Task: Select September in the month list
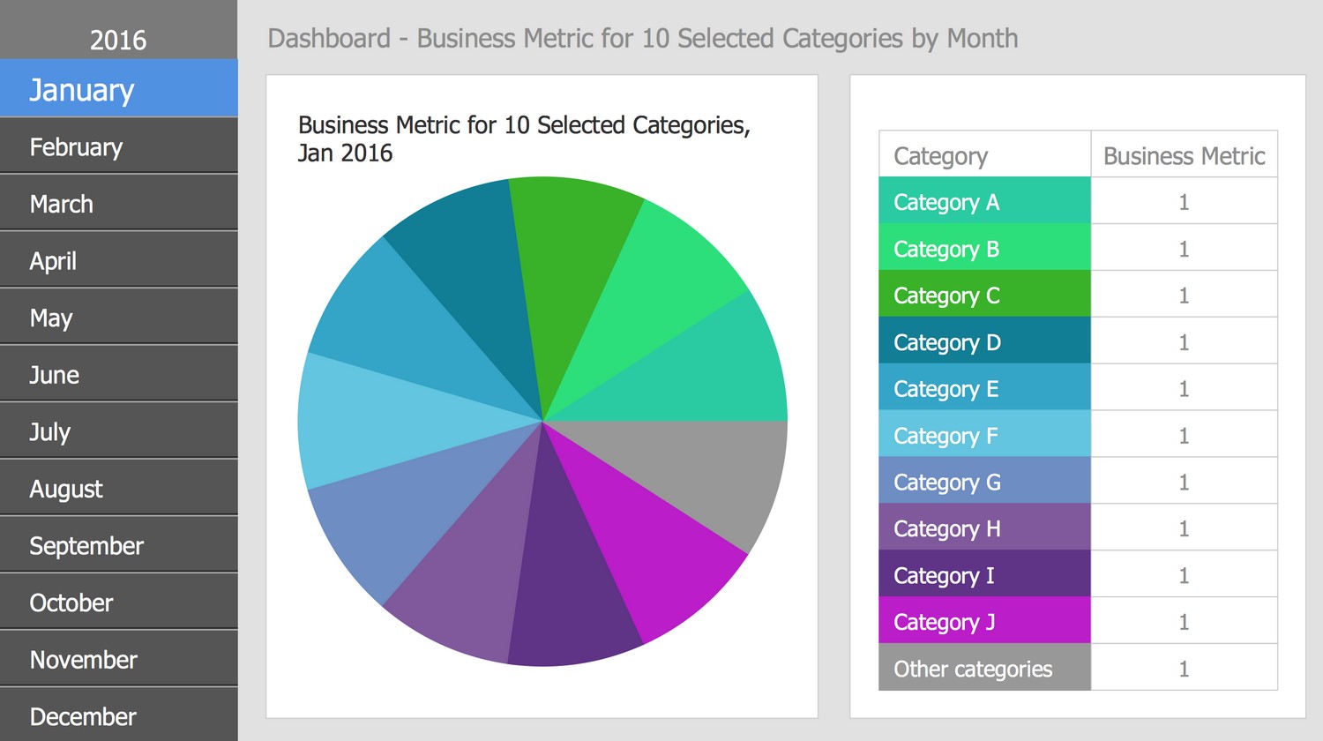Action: [x=86, y=546]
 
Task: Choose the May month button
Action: [x=51, y=318]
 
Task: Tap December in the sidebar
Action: [x=83, y=716]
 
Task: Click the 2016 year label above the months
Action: [x=118, y=40]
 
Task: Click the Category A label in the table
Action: [x=946, y=202]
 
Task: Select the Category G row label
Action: [x=947, y=483]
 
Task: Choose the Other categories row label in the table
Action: [x=973, y=669]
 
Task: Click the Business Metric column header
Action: [x=1184, y=156]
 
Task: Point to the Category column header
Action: [x=940, y=156]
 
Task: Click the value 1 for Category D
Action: [x=1184, y=342]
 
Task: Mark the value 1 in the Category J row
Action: [x=1184, y=622]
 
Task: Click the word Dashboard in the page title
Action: [x=329, y=39]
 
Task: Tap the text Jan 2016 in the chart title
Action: [x=345, y=153]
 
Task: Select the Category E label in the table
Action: [x=946, y=389]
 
